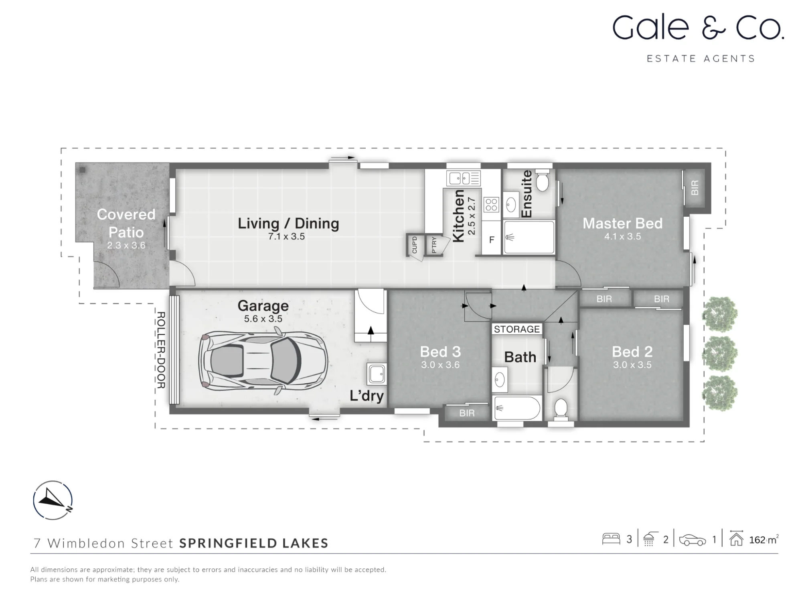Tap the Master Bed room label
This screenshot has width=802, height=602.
pyautogui.click(x=622, y=223)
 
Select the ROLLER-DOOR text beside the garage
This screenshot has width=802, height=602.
pyautogui.click(x=161, y=350)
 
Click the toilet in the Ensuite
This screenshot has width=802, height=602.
pyautogui.click(x=542, y=180)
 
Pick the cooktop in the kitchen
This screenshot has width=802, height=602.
pyautogui.click(x=491, y=205)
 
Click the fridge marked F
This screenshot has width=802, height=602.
pyautogui.click(x=492, y=240)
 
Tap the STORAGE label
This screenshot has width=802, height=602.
pyautogui.click(x=516, y=329)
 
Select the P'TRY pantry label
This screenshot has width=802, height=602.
pyautogui.click(x=434, y=245)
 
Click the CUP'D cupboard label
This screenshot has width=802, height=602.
pyautogui.click(x=415, y=245)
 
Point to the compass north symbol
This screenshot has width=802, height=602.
pyautogui.click(x=53, y=500)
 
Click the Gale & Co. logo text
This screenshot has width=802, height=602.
pyautogui.click(x=698, y=27)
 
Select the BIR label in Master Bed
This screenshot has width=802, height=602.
pyautogui.click(x=695, y=187)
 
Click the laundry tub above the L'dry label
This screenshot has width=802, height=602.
pyautogui.click(x=377, y=374)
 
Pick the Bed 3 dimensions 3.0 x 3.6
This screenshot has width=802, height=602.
pyautogui.click(x=440, y=365)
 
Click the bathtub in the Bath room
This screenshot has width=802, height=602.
pyautogui.click(x=517, y=408)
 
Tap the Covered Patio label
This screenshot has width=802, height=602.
pyautogui.click(x=126, y=223)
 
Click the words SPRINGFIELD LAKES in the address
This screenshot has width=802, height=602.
pyautogui.click(x=254, y=543)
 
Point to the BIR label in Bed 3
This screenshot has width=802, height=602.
pyautogui.click(x=467, y=413)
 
